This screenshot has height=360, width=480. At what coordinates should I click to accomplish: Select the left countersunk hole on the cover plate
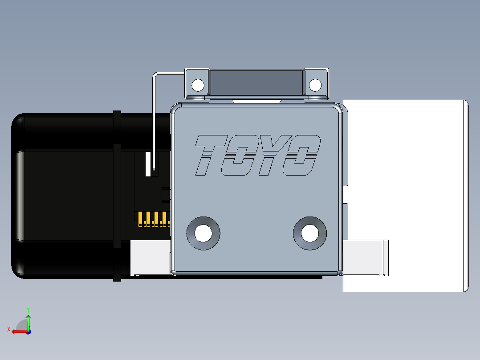(203, 233)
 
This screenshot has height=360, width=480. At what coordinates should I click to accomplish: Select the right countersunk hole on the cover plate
(309, 233)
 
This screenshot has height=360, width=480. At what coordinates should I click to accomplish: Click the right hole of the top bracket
(315, 85)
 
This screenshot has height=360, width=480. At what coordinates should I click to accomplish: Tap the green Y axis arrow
(28, 317)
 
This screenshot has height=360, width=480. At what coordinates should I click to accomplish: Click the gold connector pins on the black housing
(154, 219)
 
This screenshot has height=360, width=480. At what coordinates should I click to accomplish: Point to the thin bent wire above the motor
(154, 111)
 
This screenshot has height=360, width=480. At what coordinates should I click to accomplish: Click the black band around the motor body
(117, 196)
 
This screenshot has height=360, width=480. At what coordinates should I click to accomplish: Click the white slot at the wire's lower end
(148, 163)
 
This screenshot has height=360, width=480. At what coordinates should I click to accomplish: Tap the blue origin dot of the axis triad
(28, 331)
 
